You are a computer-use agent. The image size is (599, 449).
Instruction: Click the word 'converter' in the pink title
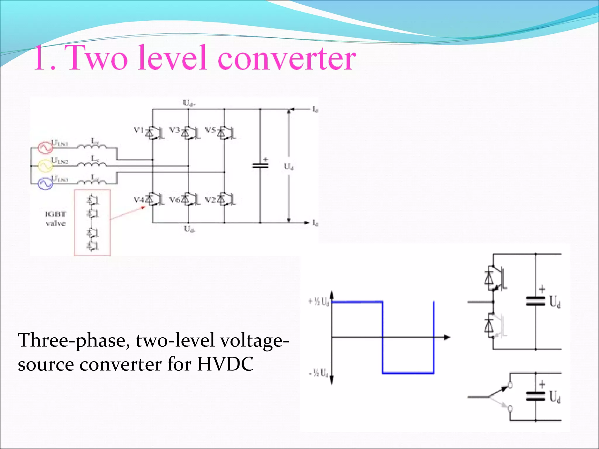point(287,58)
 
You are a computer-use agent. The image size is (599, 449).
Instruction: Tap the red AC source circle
point(45,148)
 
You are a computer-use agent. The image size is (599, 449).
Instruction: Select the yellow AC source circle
point(45,166)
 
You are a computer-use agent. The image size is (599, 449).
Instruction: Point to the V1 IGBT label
point(139,130)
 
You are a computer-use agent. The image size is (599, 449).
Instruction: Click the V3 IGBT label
point(175,130)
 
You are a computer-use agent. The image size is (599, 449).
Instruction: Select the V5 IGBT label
point(210,130)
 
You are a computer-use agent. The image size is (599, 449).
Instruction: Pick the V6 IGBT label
point(175,200)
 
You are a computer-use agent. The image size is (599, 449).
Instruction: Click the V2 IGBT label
point(210,200)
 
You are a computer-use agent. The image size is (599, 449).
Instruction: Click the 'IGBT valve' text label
point(56,219)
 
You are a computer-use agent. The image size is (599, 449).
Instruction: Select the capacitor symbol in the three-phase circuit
point(260,166)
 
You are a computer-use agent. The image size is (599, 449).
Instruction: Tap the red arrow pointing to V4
point(128,213)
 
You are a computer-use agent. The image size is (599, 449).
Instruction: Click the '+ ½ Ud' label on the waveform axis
point(319,301)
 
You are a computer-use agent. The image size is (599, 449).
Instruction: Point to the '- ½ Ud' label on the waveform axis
point(319,373)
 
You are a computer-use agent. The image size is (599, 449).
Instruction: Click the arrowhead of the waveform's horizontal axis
point(447,337)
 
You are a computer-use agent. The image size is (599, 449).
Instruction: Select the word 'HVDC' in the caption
point(225,364)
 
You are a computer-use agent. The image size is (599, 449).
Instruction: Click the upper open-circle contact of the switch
point(510,385)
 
